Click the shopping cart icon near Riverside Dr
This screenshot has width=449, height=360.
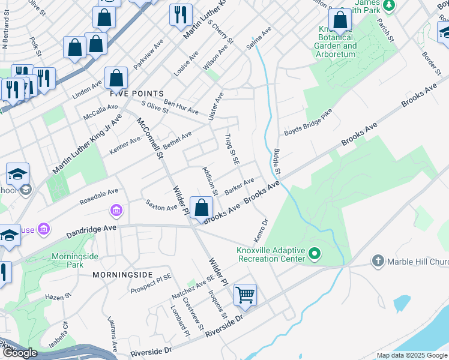tap(245, 295)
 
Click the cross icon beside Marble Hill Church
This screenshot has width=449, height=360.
tap(378, 261)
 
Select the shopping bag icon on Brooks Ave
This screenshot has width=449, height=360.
tap(202, 208)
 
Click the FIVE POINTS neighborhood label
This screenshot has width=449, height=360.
tap(137, 94)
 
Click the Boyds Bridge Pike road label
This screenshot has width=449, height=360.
tap(309, 128)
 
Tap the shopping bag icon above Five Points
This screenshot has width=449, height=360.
tap(116, 78)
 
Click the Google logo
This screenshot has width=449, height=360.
tap(20, 353)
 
